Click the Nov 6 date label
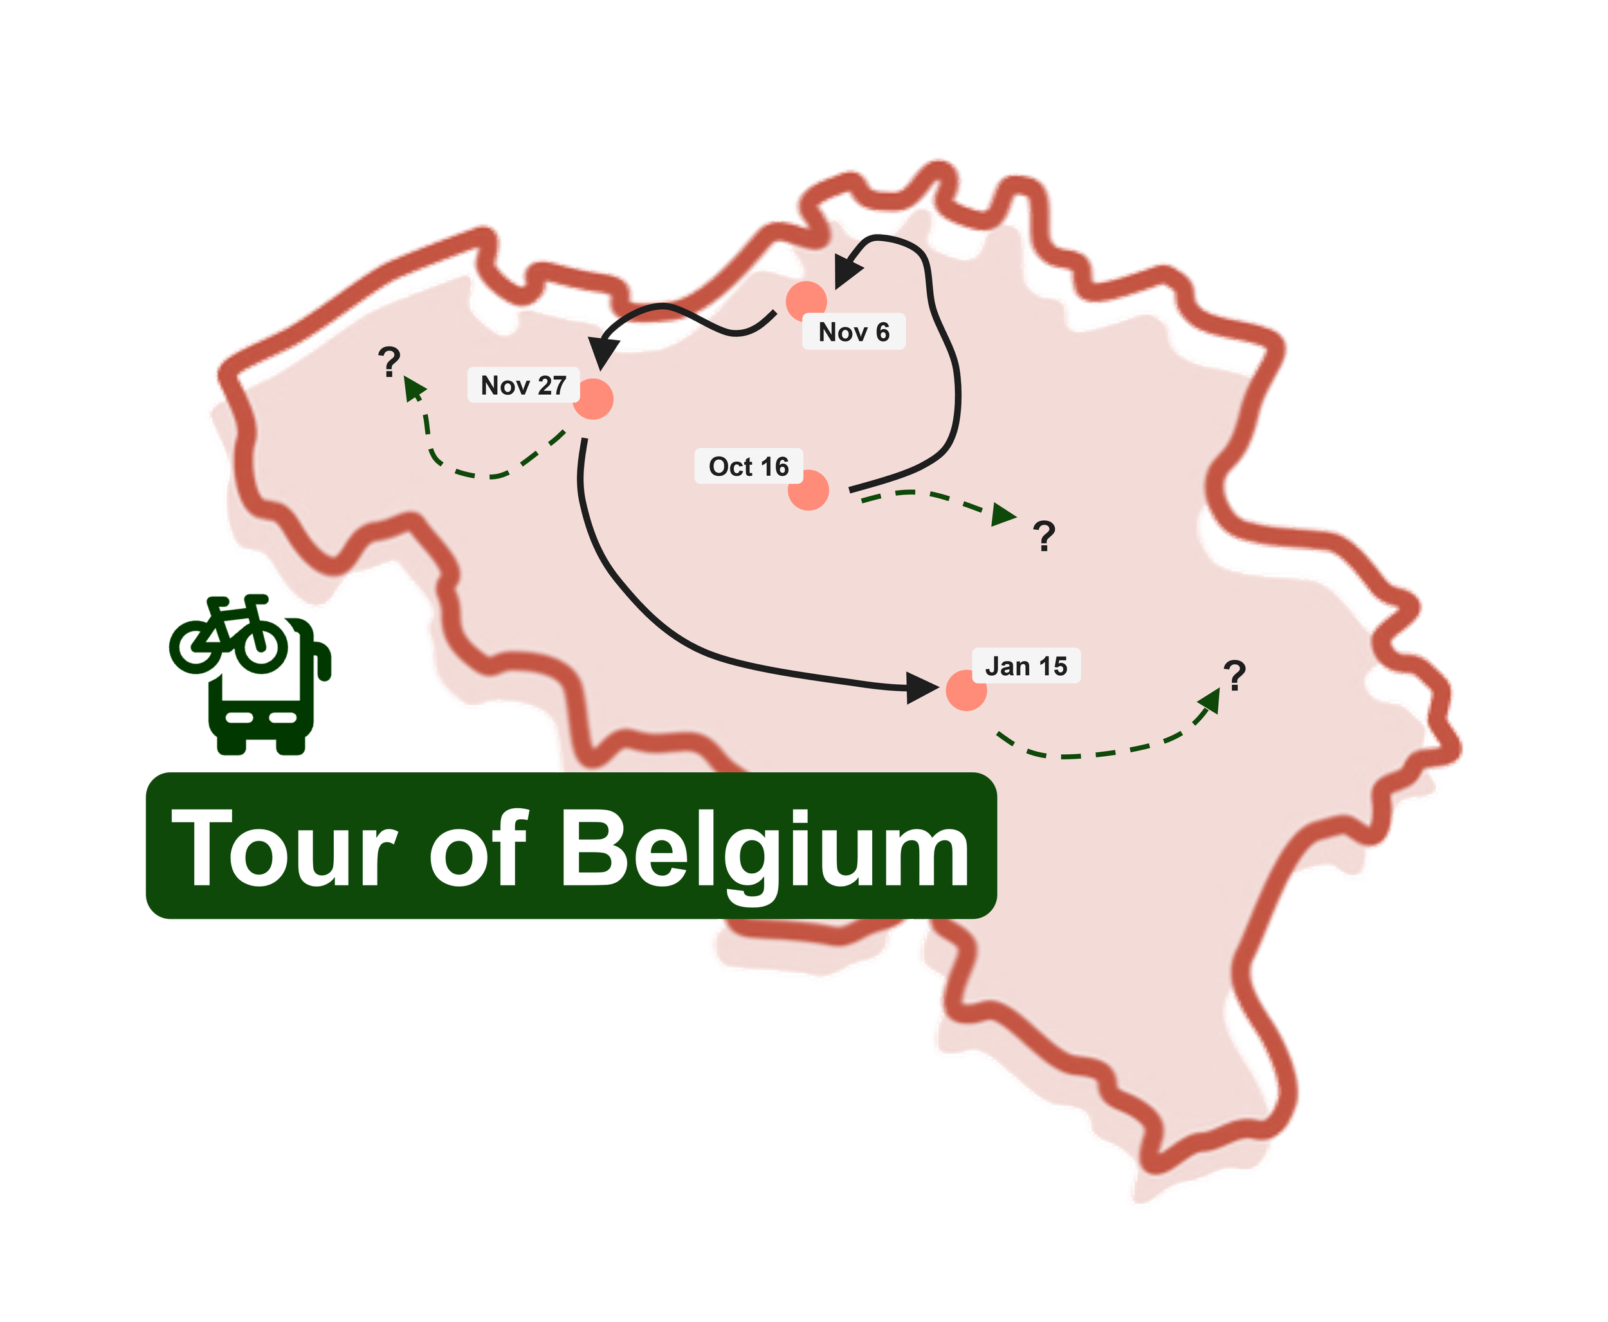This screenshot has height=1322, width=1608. (x=854, y=332)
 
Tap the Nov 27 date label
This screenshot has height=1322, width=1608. (x=524, y=385)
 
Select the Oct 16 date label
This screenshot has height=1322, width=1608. (x=749, y=466)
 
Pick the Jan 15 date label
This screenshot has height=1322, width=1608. (x=1026, y=666)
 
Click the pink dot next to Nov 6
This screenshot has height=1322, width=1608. (x=807, y=301)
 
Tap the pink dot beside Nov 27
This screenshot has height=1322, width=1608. (x=592, y=399)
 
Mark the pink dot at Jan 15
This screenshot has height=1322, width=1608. (x=967, y=690)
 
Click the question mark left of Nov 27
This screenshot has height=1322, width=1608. (x=390, y=363)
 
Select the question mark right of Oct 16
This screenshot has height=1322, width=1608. (x=1045, y=536)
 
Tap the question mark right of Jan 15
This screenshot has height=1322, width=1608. (x=1235, y=676)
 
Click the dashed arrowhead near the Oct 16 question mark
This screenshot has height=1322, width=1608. (x=1004, y=516)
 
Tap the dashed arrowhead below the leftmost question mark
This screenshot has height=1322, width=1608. (x=414, y=389)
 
